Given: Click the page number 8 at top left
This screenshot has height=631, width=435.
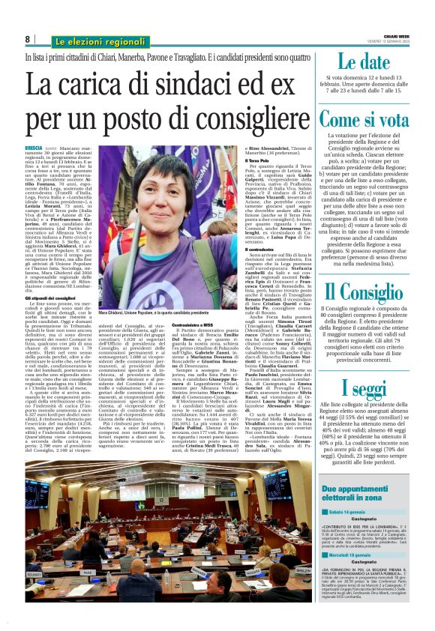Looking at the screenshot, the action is (27, 39).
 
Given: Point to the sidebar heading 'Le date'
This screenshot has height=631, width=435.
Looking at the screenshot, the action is (364, 62).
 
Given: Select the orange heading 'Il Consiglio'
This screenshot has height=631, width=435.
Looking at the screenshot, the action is (364, 292).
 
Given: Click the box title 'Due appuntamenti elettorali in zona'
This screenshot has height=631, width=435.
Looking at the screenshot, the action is (364, 492).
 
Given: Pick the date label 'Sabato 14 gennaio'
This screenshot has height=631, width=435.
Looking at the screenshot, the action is (351, 511).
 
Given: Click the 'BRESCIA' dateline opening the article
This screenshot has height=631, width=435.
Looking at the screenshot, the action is (34, 150).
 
